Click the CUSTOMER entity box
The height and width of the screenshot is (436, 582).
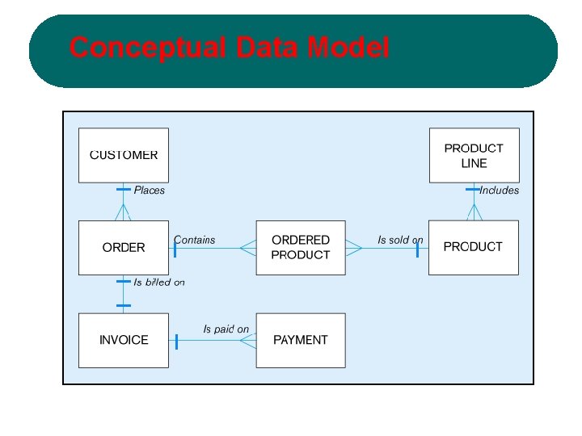[124, 155]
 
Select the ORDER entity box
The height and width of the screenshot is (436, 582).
[124, 248]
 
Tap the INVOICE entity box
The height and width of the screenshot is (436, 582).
[124, 340]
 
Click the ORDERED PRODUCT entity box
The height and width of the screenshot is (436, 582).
[301, 247]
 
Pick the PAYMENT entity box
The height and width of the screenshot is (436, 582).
[301, 340]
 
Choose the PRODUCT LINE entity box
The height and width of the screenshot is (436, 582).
[473, 155]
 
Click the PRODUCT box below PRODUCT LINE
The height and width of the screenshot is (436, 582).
[473, 247]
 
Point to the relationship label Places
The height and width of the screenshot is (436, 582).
[149, 191]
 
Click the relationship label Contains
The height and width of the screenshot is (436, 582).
[195, 240]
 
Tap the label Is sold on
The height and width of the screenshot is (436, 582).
[400, 240]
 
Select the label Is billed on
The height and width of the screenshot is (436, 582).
[159, 283]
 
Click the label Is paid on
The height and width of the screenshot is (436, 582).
[226, 329]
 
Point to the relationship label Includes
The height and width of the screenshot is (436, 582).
[499, 191]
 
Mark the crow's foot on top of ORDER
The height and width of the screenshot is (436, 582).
[123, 213]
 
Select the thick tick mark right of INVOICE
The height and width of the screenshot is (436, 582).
[176, 341]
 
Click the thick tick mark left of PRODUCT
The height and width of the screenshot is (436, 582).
[417, 248]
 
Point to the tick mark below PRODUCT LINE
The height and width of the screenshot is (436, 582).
[473, 190]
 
